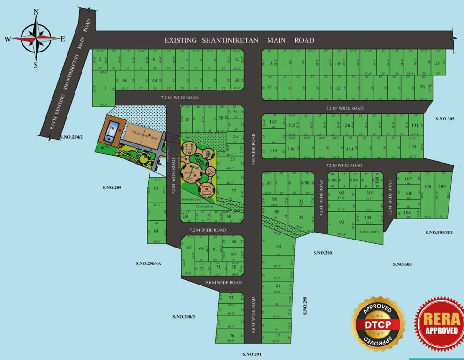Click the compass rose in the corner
(x=36, y=38)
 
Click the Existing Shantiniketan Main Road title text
(x=239, y=40)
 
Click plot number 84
(x=278, y=246)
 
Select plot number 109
(x=442, y=187)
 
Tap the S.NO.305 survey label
(x=445, y=119)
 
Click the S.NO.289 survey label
(x=112, y=188)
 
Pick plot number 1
(x=106, y=88)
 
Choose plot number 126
(x=346, y=125)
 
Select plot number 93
(x=342, y=222)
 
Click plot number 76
(x=232, y=335)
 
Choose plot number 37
(x=269, y=87)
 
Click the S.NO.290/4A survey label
(x=148, y=263)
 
